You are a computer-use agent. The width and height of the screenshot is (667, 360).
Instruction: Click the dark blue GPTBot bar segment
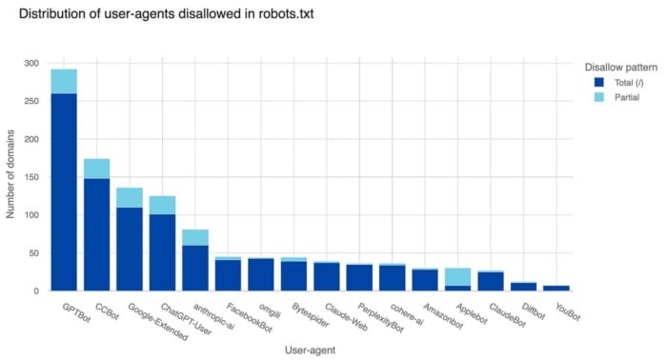point(64,190)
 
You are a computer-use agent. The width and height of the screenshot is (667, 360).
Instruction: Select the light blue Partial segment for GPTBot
point(64,81)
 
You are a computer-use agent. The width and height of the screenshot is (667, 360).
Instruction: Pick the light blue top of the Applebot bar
point(457,276)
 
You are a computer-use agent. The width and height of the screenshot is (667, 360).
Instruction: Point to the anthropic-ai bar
point(195,267)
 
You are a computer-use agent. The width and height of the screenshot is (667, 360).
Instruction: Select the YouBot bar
point(556,287)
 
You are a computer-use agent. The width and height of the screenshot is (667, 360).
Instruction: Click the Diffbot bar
point(523,286)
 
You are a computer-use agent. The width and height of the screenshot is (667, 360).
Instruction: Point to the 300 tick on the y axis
point(32,63)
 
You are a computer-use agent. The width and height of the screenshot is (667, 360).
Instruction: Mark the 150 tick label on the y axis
point(32,177)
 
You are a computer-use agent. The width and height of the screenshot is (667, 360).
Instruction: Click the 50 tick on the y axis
point(35,253)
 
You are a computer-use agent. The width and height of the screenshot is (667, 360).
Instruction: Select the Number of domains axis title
point(11,176)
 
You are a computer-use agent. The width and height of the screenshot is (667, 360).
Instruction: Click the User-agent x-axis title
point(311,350)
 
